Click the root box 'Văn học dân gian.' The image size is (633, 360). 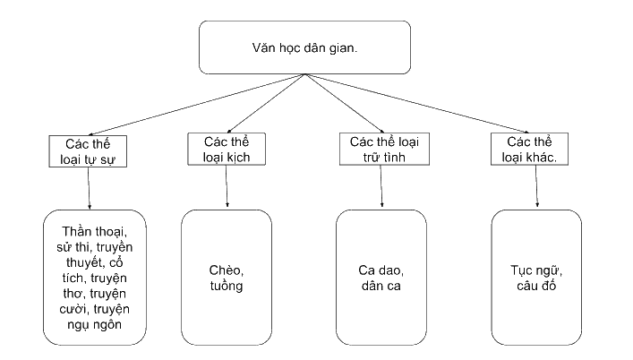[304, 47]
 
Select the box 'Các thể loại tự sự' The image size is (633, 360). [88, 151]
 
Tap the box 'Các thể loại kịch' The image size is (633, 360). [227, 149]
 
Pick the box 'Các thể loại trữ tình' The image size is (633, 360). [384, 149]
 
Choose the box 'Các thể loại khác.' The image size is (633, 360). [529, 149]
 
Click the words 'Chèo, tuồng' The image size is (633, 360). [227, 278]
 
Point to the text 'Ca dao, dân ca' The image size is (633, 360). [381, 278]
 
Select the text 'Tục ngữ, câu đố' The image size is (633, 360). [536, 278]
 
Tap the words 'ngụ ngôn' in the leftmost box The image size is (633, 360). [95, 325]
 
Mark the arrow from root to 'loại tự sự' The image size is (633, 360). [196, 105]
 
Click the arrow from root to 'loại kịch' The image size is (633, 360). [266, 104]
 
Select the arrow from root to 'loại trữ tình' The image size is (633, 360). [345, 104]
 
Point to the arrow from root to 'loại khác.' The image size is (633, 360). [417, 104]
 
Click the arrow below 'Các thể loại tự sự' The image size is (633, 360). [89, 188]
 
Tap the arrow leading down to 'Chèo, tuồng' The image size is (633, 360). [227, 186]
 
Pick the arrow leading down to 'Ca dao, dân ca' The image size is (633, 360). [381, 186]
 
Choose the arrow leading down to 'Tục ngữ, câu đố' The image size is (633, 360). [536, 186]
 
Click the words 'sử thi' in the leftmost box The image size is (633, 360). [72, 247]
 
